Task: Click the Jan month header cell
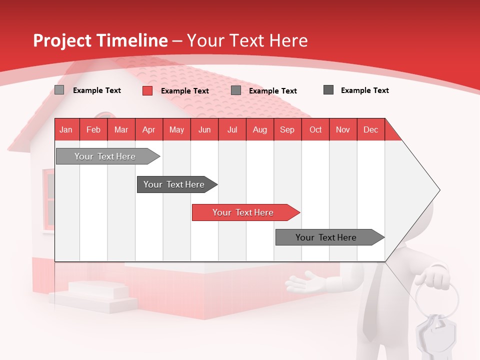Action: (x=66, y=129)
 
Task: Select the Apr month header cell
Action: (x=149, y=129)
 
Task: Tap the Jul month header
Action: (x=232, y=129)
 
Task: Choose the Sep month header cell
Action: (x=287, y=129)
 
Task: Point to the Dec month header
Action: (x=370, y=129)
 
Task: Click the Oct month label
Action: (x=315, y=129)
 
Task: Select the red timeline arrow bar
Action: (x=245, y=212)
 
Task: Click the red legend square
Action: (x=147, y=90)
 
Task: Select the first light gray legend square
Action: (x=59, y=90)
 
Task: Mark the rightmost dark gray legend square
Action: (x=328, y=90)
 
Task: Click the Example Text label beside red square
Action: (x=185, y=91)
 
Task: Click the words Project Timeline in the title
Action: (x=100, y=40)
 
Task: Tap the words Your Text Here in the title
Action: (x=247, y=40)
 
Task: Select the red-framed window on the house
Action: (x=49, y=200)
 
